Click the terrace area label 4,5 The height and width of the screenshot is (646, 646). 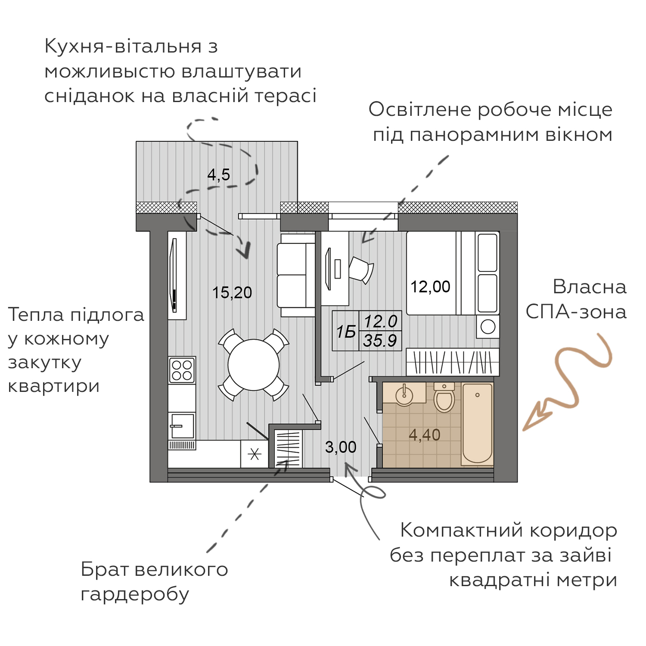tap(218, 175)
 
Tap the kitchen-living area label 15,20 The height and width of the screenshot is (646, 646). tap(232, 293)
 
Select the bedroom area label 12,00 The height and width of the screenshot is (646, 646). tap(430, 287)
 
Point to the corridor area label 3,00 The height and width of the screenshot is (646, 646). tap(341, 447)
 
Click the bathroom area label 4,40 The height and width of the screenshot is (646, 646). tap(424, 435)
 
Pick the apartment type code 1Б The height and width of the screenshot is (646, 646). tap(346, 332)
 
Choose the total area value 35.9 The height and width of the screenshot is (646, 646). tap(380, 341)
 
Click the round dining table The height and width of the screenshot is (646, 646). tap(254, 365)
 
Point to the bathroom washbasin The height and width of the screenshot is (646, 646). tap(404, 394)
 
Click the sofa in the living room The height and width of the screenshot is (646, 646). tap(297, 275)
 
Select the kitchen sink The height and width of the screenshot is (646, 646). tap(182, 426)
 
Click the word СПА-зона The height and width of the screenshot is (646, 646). tap(576, 312)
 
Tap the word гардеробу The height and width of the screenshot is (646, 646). tap(135, 595)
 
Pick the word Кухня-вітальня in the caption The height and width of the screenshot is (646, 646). tap(123, 47)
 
